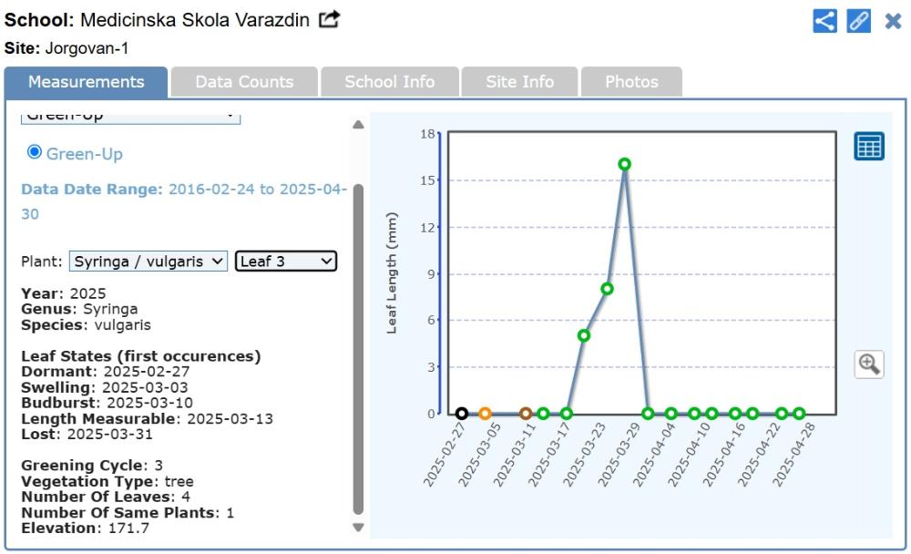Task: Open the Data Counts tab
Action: (244, 82)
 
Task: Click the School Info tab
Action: (389, 82)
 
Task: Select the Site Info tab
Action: (519, 82)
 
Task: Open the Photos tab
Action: (631, 82)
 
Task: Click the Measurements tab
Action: (86, 82)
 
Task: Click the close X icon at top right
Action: (893, 21)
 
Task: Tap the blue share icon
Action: (824, 21)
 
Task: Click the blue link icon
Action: (858, 21)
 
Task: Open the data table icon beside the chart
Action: (869, 146)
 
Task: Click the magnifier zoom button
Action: (869, 364)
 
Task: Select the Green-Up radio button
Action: (35, 152)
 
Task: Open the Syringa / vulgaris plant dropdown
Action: (148, 262)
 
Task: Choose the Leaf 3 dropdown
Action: (286, 262)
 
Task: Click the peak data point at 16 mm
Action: (625, 164)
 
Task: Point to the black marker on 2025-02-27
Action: (462, 414)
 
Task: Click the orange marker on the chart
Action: (485, 414)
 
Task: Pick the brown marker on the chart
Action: (526, 414)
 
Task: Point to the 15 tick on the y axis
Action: (426, 180)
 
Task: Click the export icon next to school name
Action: (329, 19)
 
